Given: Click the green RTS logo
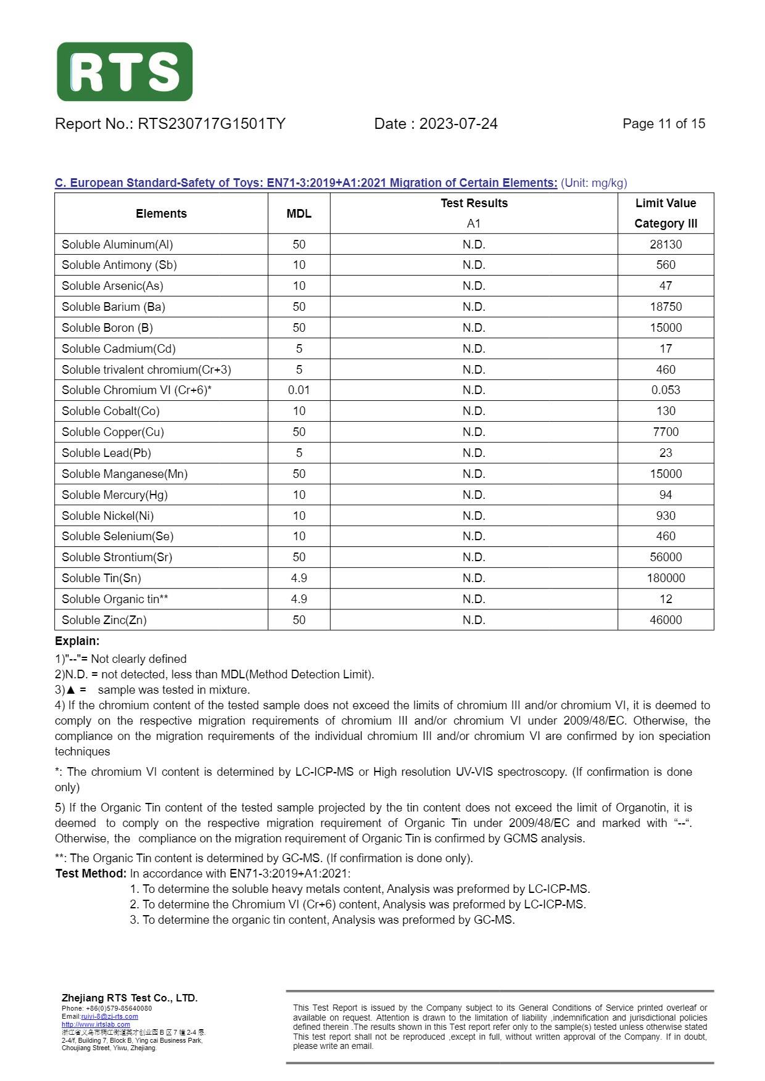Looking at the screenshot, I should [x=125, y=72].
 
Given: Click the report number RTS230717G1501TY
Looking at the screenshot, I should [x=211, y=124].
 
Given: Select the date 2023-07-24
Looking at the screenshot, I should [x=458, y=124].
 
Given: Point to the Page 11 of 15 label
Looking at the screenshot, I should [x=664, y=124].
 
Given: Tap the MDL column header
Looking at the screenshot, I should [x=299, y=213].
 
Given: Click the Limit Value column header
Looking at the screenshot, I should [x=666, y=203].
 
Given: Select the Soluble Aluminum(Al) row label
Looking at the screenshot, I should [x=117, y=244].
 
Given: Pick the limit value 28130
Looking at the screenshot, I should [x=666, y=244].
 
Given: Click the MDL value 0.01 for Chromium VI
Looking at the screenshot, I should [x=299, y=390].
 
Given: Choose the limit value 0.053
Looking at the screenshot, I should [x=666, y=390].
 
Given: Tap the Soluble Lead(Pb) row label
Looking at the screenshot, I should [x=106, y=453].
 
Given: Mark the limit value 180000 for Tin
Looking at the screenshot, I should [x=666, y=578].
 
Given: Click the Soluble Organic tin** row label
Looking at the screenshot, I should [x=115, y=599].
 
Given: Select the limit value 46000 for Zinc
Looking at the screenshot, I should [x=666, y=620].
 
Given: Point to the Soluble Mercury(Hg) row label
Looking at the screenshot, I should [x=114, y=495].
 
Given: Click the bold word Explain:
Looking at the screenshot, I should [x=77, y=641].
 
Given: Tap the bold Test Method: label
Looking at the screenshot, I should [x=91, y=873].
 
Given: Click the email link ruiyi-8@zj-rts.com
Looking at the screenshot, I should [x=109, y=1016].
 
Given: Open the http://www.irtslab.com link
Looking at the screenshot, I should [x=96, y=1024].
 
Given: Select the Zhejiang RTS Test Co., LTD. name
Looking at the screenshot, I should [x=130, y=998].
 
